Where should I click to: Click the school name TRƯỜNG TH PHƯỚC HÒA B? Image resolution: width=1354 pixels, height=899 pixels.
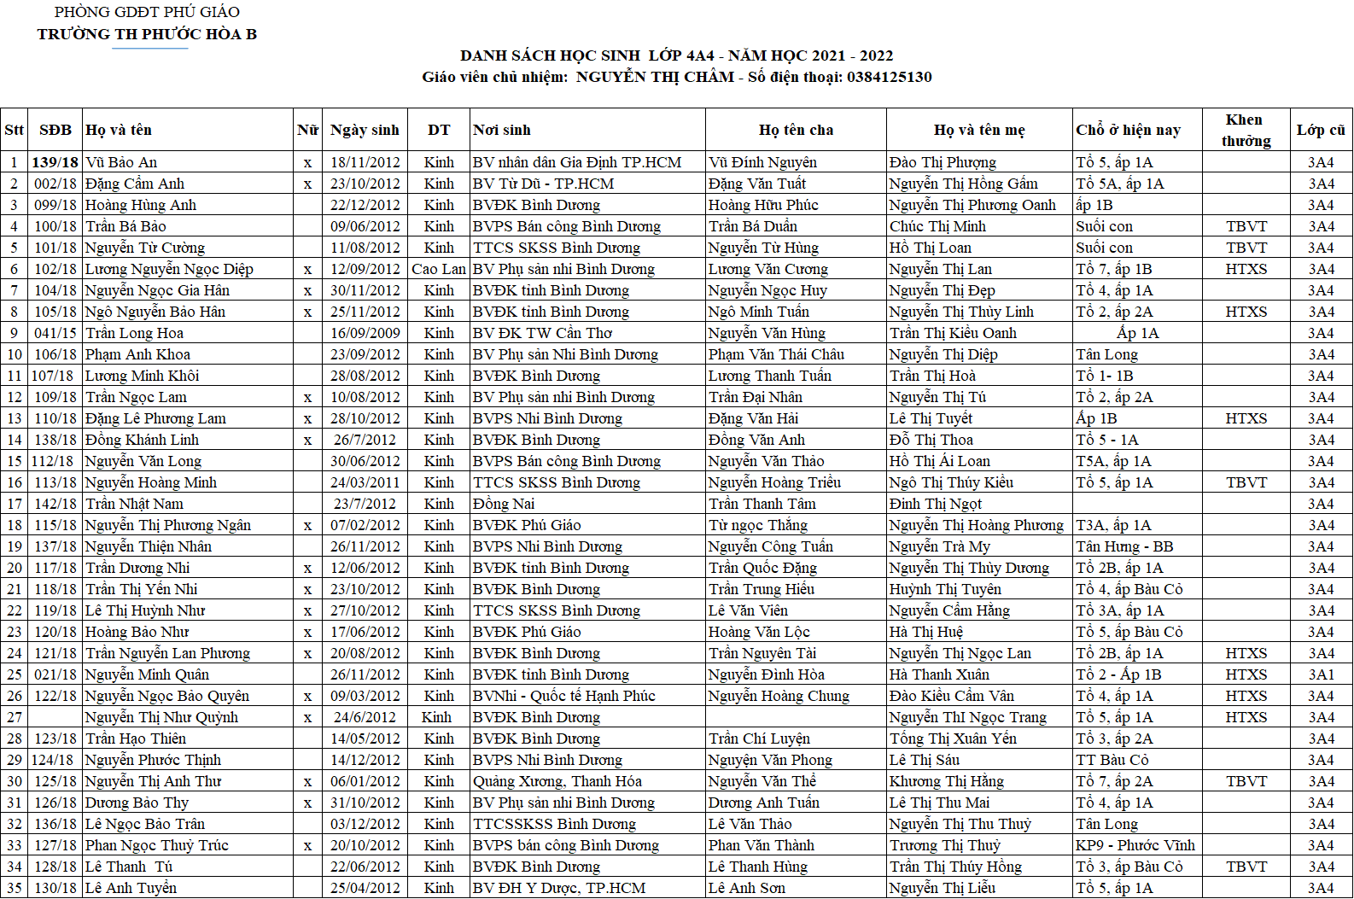click(x=147, y=34)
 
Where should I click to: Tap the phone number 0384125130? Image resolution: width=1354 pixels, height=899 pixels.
click(x=889, y=77)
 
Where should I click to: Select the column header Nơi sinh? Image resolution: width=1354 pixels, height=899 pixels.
click(x=502, y=130)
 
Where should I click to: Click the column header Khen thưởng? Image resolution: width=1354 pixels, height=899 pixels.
click(x=1245, y=130)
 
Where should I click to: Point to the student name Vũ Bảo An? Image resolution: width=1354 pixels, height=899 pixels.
click(x=121, y=162)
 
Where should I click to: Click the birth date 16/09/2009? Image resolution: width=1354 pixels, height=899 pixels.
click(x=365, y=333)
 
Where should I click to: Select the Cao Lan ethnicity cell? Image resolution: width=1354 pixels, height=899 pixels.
click(x=438, y=269)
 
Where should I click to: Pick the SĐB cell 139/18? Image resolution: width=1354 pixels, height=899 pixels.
click(x=55, y=162)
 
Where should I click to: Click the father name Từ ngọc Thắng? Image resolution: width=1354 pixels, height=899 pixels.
click(x=758, y=525)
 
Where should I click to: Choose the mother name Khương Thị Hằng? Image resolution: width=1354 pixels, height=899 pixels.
click(x=947, y=781)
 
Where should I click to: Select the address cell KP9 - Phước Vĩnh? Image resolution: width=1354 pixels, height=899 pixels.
click(x=1135, y=845)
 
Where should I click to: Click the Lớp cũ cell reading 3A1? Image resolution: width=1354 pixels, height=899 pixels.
click(x=1321, y=674)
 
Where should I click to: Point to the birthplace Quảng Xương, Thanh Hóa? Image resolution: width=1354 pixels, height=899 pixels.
click(x=557, y=781)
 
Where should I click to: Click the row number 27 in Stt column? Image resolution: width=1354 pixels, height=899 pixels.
click(x=15, y=717)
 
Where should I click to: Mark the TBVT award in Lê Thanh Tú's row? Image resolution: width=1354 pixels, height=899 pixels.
click(x=1246, y=867)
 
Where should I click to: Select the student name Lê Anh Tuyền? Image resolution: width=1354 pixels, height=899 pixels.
click(x=131, y=888)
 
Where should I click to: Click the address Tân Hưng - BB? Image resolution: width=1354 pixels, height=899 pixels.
click(x=1124, y=546)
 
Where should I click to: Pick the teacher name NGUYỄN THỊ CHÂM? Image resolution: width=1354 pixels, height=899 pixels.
click(x=655, y=77)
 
